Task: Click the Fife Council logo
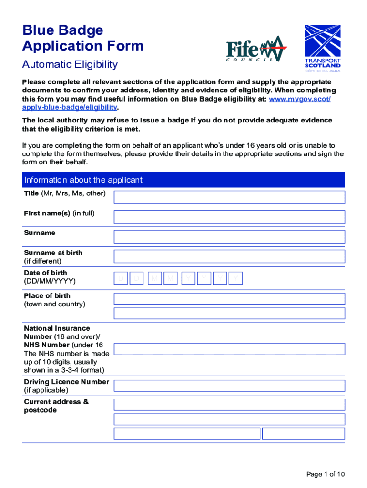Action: (x=256, y=50)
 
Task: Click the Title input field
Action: (x=229, y=197)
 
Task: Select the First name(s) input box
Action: (x=229, y=217)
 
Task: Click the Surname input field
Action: (x=229, y=236)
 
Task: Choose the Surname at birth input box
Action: (x=229, y=256)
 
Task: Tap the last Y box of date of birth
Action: (x=236, y=278)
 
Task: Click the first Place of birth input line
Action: (x=229, y=299)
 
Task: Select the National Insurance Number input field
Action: (x=229, y=349)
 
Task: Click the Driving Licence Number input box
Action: (x=229, y=386)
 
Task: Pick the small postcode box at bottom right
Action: (x=303, y=434)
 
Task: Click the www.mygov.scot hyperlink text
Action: (x=300, y=99)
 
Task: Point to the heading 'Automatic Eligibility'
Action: (x=70, y=64)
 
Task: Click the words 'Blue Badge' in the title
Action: (x=62, y=30)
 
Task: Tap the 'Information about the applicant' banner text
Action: (x=83, y=180)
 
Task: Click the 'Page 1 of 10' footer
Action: (x=326, y=474)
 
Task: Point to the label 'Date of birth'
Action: (x=46, y=273)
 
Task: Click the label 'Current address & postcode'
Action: (x=56, y=406)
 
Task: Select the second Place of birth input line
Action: (x=229, y=313)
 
